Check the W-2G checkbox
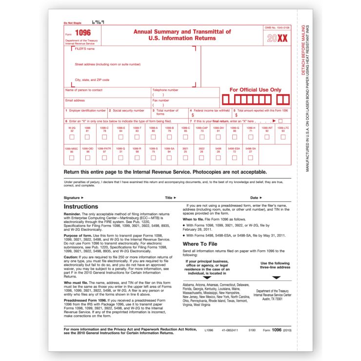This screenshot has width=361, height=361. (x=72, y=137)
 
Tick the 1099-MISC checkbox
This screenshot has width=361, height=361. (x=71, y=158)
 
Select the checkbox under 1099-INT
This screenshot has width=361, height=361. (x=267, y=137)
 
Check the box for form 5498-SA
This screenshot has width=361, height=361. (x=251, y=158)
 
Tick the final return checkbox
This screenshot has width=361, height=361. (x=281, y=120)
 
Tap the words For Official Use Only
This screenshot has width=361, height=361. (x=255, y=90)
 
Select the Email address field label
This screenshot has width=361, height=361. (x=75, y=100)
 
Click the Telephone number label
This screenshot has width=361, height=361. (x=165, y=90)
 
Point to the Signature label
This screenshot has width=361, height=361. (x=74, y=198)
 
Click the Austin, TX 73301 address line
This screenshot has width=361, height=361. (x=273, y=299)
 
